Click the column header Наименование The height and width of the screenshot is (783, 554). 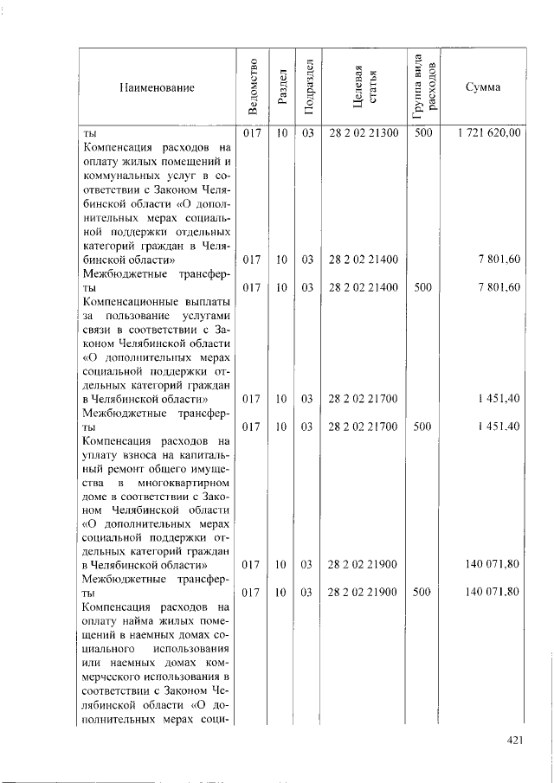[x=157, y=87]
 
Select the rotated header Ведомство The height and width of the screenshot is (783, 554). [x=252, y=87]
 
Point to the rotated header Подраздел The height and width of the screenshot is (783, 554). [x=306, y=87]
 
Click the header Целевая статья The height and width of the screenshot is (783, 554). [x=364, y=87]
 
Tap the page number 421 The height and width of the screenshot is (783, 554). [x=516, y=739]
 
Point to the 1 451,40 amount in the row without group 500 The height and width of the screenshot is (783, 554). [x=501, y=398]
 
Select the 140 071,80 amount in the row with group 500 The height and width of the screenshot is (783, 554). [x=492, y=592]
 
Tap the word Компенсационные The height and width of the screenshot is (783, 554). [x=131, y=301]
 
